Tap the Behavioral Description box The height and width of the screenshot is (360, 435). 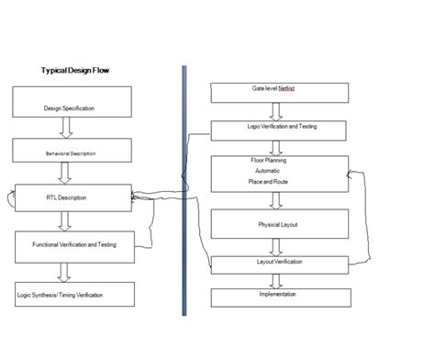point(72,150)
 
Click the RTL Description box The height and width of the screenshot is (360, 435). point(73,197)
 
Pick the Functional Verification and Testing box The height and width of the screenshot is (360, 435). point(77,244)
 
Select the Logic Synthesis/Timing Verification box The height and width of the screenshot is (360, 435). point(72,294)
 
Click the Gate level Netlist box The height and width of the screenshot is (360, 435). point(279,93)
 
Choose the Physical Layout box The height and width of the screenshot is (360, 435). point(279,223)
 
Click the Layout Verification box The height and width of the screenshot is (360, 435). point(279,263)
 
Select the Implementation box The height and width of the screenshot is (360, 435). point(279,297)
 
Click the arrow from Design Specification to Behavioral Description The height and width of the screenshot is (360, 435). point(64,130)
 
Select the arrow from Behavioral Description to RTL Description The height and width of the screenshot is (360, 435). point(64,174)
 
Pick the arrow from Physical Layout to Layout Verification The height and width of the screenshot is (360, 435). point(274,246)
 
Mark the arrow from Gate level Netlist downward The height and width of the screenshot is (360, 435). point(274,111)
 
